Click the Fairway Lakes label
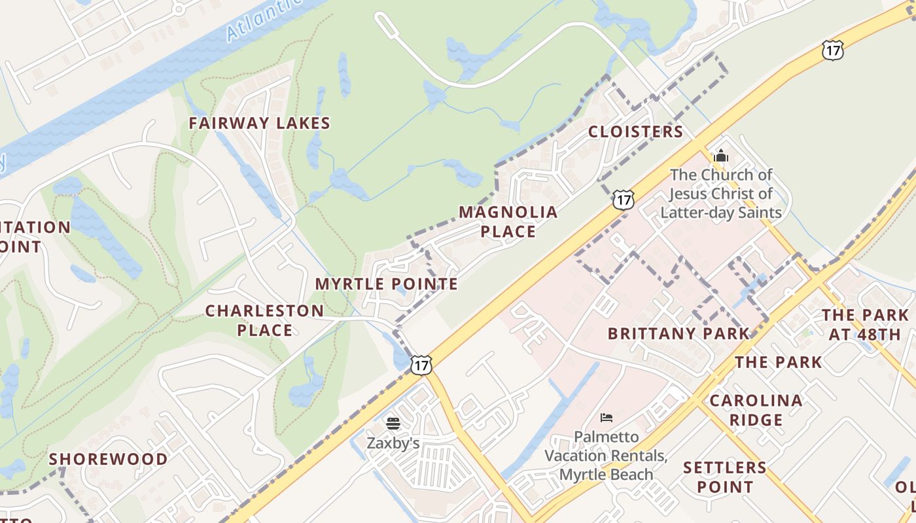click(260, 123)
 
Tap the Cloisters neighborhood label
click(635, 132)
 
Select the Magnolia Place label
click(508, 222)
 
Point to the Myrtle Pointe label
click(386, 284)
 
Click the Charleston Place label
click(264, 320)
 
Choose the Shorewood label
click(109, 459)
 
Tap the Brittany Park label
click(678, 333)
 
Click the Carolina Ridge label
click(756, 410)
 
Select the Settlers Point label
click(724, 477)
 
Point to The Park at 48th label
click(865, 325)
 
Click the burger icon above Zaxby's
click(393, 423)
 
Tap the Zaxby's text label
click(393, 443)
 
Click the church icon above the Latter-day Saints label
click(721, 156)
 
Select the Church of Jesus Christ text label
click(721, 194)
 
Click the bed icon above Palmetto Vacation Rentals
click(607, 417)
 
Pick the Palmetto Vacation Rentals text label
click(606, 455)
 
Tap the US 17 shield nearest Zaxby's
click(421, 365)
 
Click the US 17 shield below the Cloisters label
click(624, 199)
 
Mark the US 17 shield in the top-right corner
click(833, 50)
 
